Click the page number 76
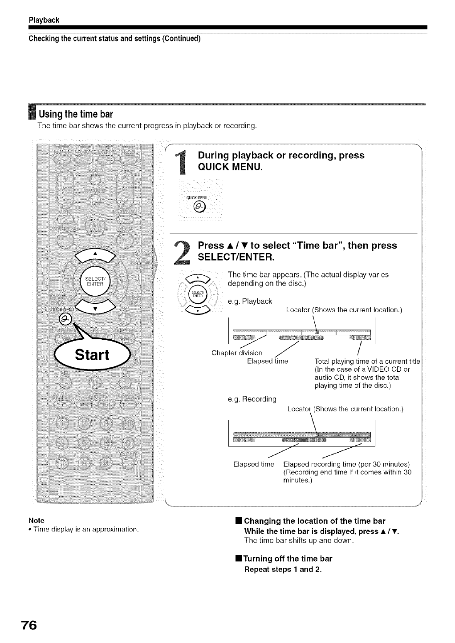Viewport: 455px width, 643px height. (27, 625)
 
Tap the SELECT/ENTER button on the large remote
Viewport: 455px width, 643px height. (95, 281)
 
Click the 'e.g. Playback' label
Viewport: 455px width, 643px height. (250, 301)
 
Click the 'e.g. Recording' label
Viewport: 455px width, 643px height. (252, 399)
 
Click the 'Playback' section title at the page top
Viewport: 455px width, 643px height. (45, 20)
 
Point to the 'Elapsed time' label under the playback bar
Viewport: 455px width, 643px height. (268, 362)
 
